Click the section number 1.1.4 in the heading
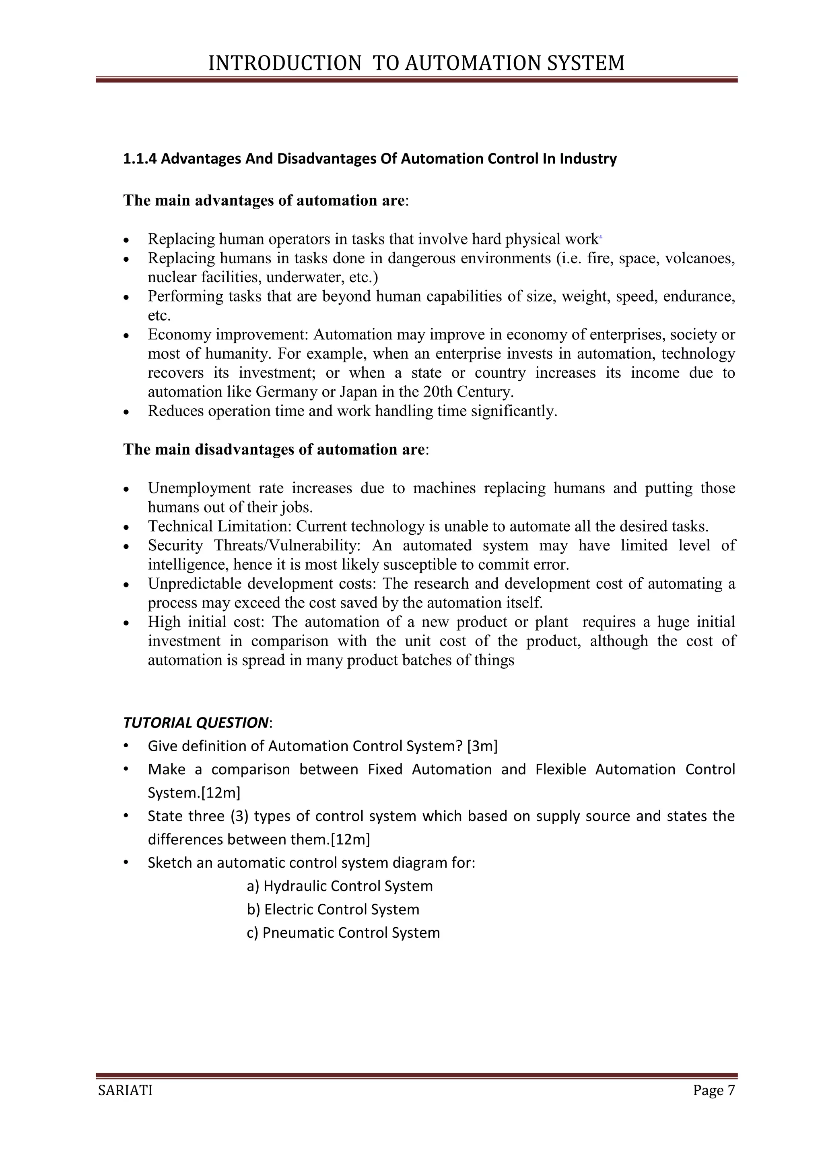click(140, 159)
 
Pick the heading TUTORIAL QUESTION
click(196, 722)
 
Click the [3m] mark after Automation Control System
click(482, 746)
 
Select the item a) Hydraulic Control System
click(340, 886)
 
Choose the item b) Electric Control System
click(333, 909)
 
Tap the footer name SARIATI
click(125, 1090)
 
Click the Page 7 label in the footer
click(714, 1090)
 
